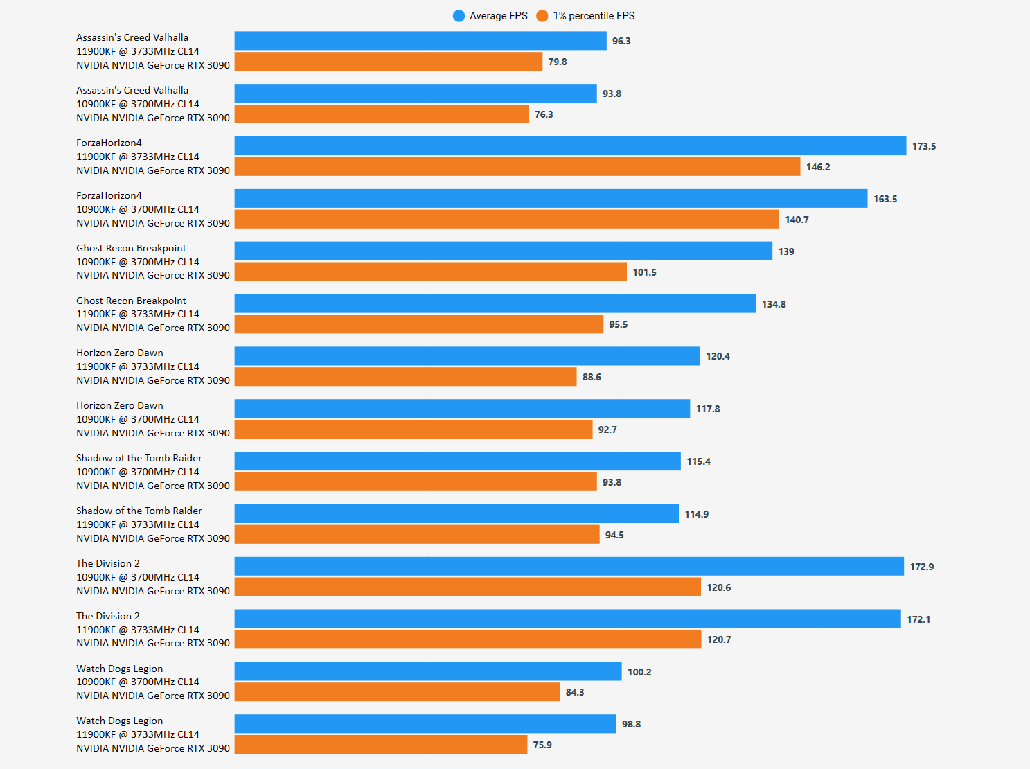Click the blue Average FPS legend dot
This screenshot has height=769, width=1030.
[459, 16]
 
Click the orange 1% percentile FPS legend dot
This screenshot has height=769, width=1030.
[542, 16]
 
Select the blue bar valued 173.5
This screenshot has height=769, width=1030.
[570, 146]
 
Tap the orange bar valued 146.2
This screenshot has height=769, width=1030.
[517, 167]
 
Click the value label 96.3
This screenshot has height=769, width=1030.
[621, 41]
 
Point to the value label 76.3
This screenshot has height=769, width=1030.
[544, 114]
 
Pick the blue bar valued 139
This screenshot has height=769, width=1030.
[503, 251]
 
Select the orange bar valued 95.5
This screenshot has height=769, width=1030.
[419, 324]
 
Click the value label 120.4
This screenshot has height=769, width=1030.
[718, 356]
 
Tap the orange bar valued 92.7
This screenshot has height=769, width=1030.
[414, 430]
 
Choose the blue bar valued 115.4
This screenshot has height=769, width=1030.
[457, 461]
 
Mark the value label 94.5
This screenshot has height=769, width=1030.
[614, 535]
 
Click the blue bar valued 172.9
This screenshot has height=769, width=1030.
[569, 566]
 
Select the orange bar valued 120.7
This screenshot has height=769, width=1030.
[468, 639]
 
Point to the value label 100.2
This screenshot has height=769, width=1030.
[639, 672]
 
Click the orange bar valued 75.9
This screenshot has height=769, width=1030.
[381, 745]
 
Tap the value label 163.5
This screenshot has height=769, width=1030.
[885, 199]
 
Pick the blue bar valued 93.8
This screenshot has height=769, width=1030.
[416, 94]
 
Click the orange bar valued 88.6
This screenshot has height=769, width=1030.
[405, 377]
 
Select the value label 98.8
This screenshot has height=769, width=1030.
[631, 724]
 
